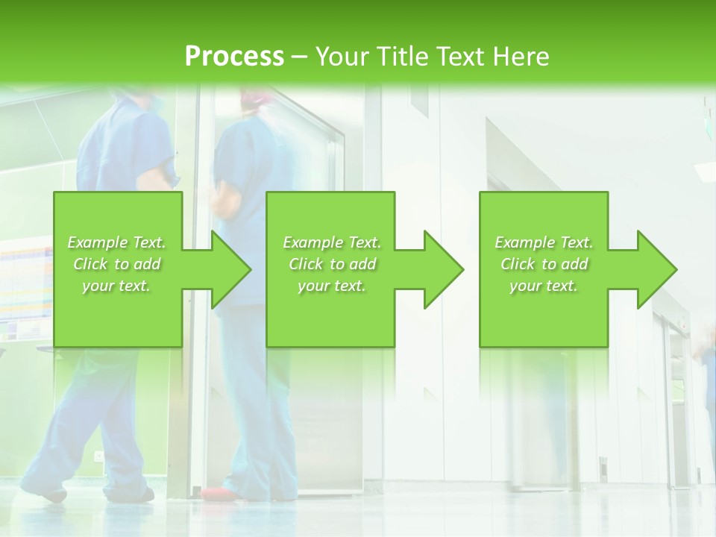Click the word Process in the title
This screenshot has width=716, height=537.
(x=234, y=56)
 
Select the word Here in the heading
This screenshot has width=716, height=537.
(x=521, y=56)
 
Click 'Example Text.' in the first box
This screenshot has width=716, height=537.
(x=117, y=242)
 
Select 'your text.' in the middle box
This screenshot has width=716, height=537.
(x=332, y=286)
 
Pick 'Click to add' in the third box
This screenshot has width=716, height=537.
(x=544, y=264)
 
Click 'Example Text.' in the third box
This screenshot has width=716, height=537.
(x=544, y=242)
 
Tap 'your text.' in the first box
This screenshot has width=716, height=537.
(x=117, y=286)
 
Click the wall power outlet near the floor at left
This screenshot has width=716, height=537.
(x=99, y=455)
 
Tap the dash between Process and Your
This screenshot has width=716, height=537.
(x=299, y=56)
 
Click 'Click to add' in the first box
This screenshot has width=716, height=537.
(x=117, y=264)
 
